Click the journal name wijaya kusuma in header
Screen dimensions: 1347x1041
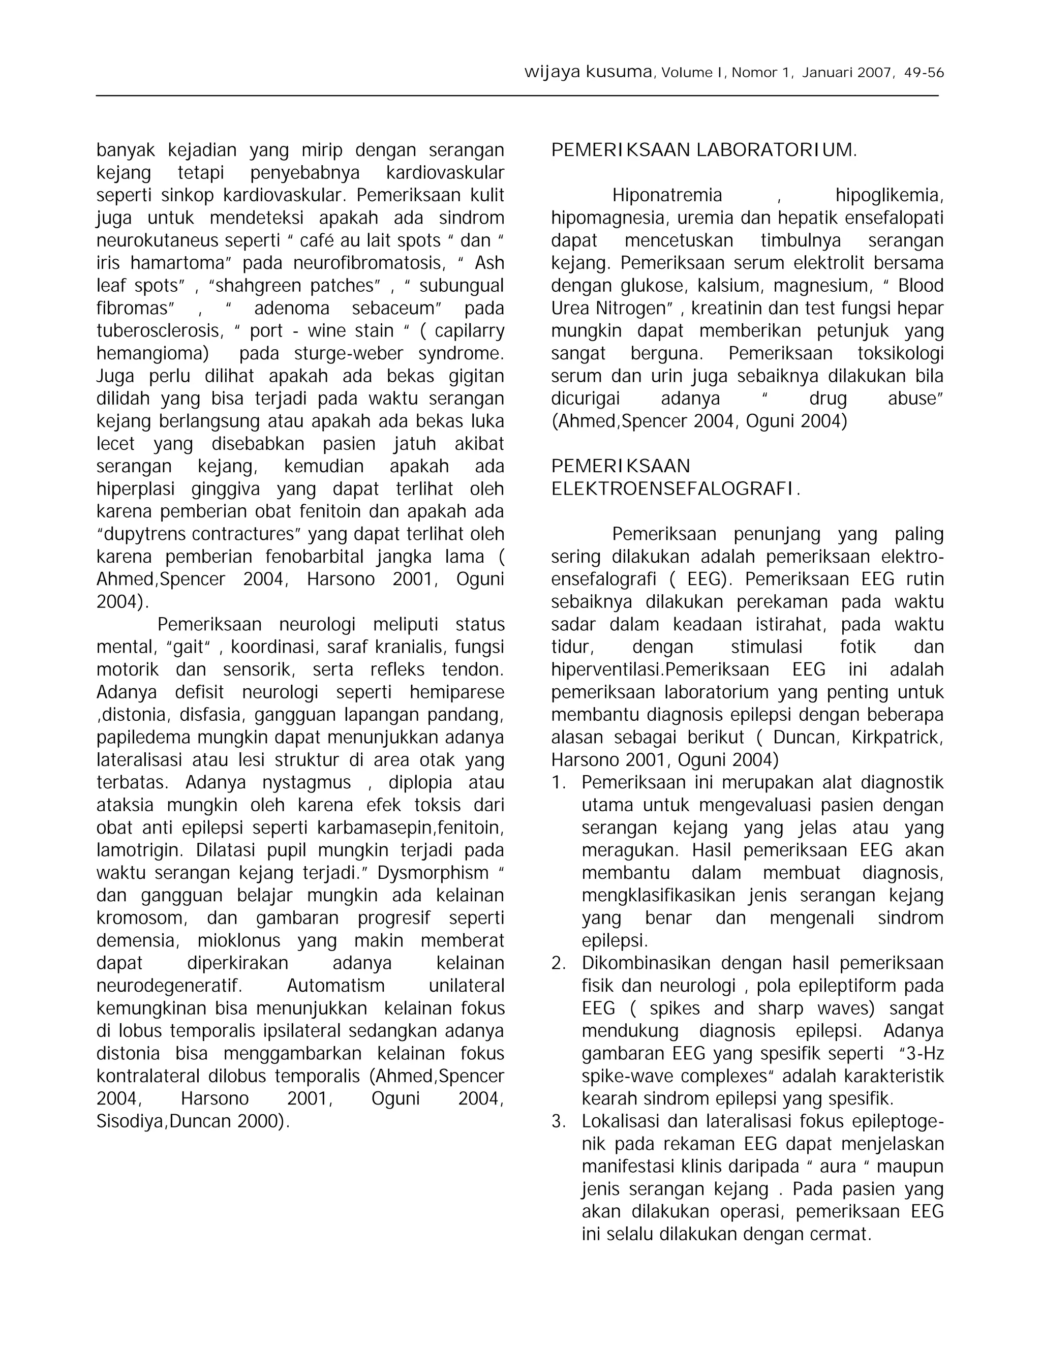[x=588, y=73]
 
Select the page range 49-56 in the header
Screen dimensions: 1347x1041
[x=924, y=73]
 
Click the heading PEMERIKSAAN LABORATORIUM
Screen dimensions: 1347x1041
[x=703, y=150]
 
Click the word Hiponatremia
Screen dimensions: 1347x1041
[x=667, y=196]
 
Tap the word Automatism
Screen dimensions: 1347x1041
[x=335, y=986]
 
